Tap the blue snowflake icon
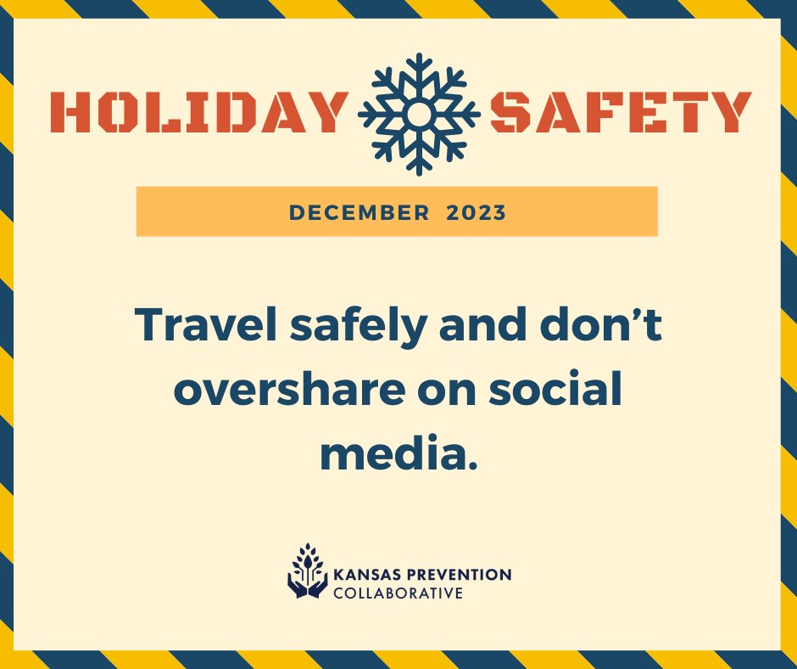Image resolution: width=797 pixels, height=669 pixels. coord(419,113)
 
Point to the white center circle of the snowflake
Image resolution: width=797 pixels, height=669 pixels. coord(419,113)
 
